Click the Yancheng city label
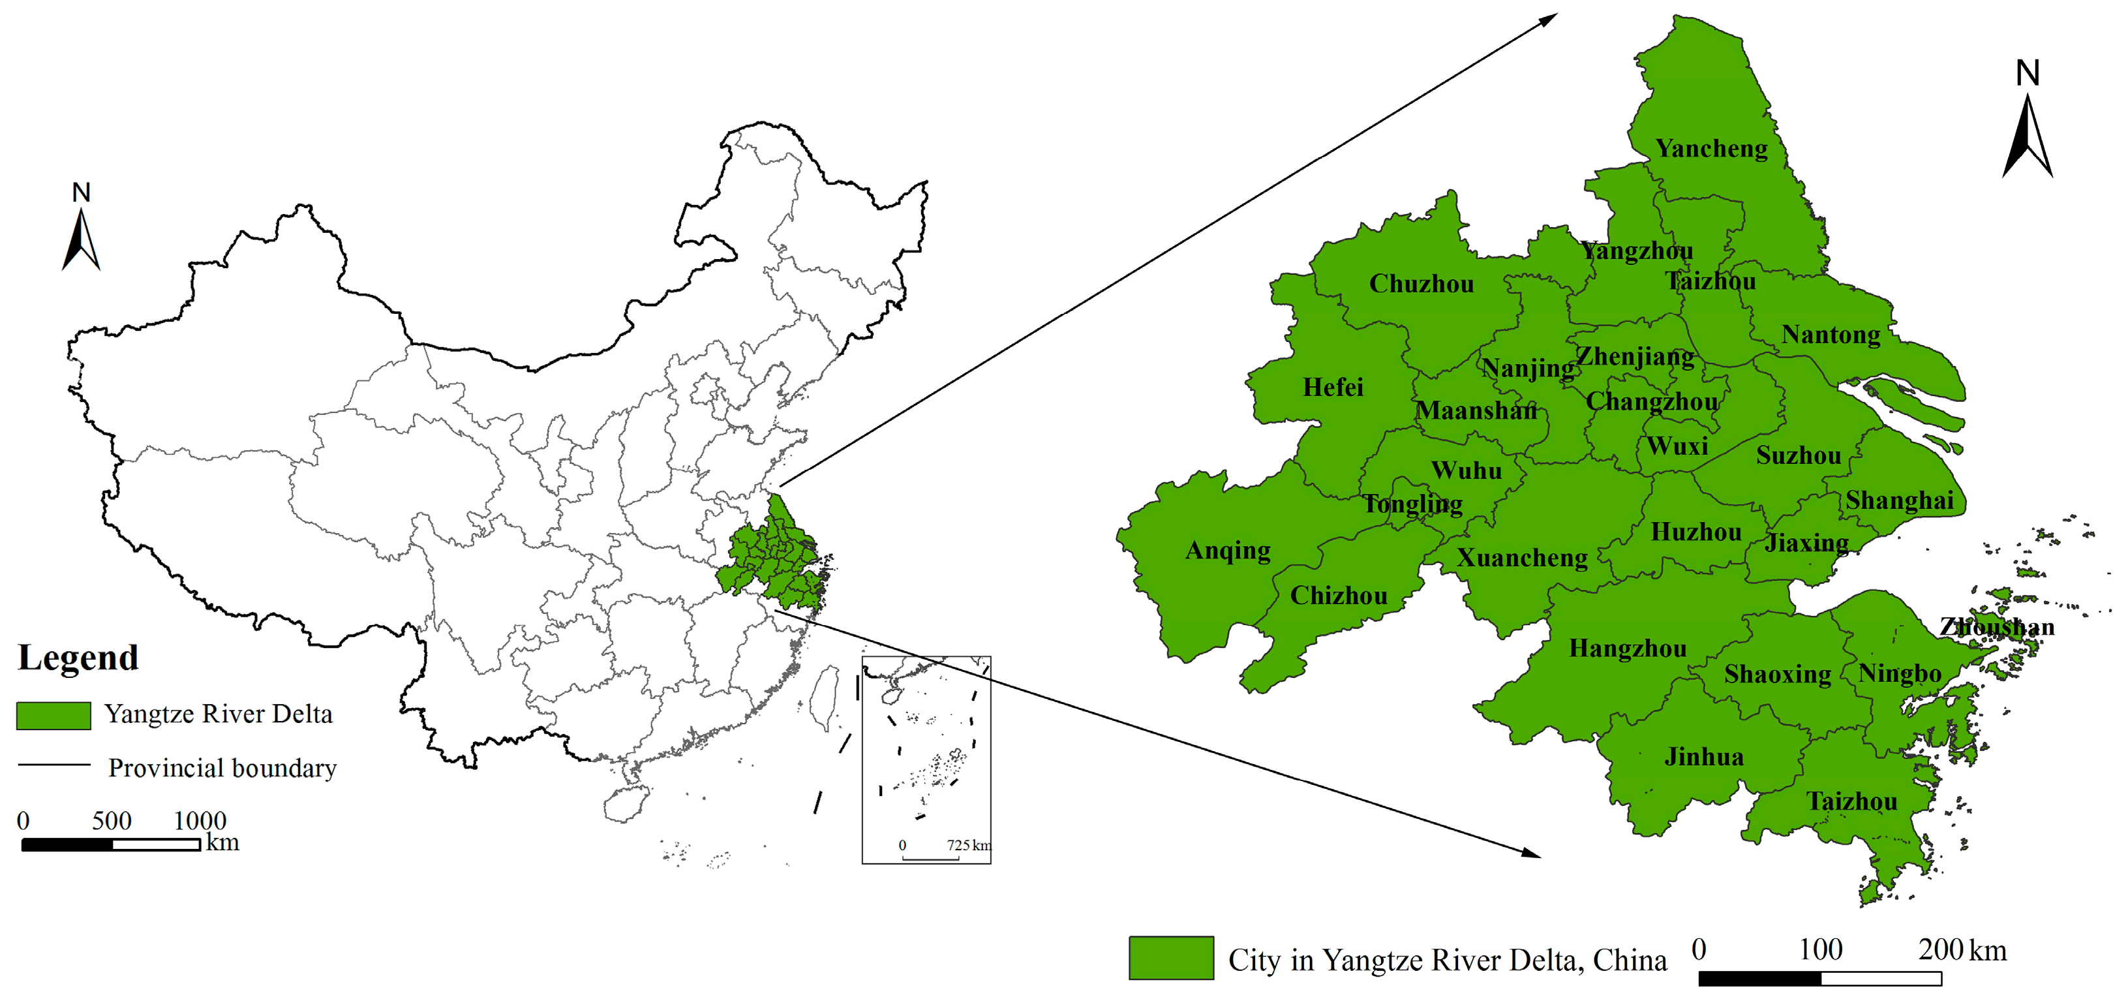[1711, 149]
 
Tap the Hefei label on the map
[1333, 388]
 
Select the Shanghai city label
[1899, 500]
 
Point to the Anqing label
[1228, 551]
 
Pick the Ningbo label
[1899, 674]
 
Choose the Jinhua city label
[1703, 757]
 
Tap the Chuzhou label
[1421, 284]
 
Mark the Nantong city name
[1831, 335]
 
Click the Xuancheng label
[1522, 559]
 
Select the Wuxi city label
[1677, 446]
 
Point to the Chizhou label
[1338, 596]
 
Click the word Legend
[78, 658]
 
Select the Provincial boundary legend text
[222, 769]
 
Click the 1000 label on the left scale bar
[200, 820]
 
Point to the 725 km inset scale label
[968, 845]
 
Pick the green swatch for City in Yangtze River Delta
[1170, 958]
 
